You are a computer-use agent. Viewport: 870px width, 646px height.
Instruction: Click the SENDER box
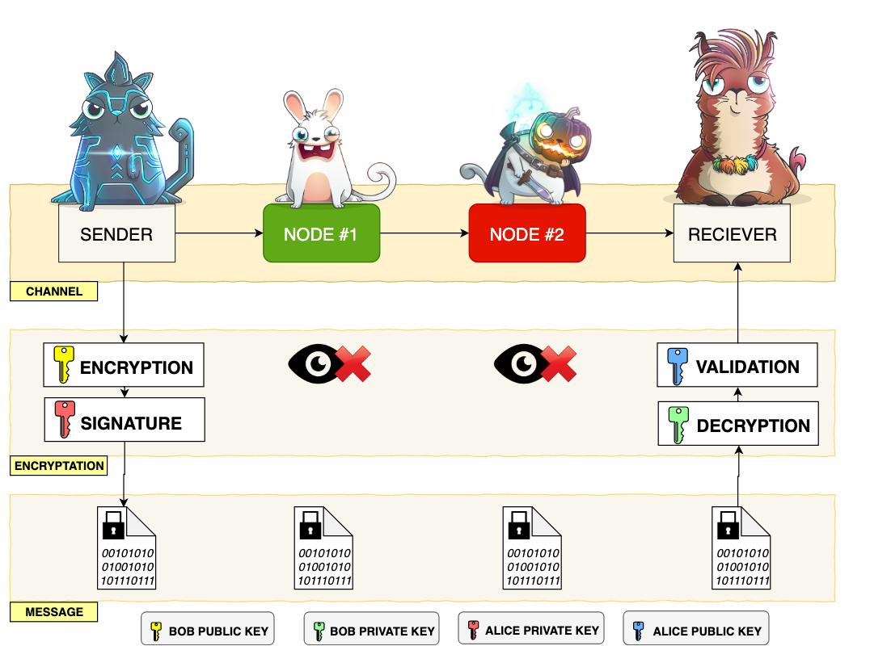click(x=116, y=233)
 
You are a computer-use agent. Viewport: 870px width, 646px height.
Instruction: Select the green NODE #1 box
click(x=321, y=233)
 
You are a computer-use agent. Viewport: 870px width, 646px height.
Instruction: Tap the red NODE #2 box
click(x=526, y=233)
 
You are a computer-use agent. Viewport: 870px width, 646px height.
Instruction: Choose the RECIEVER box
click(x=732, y=233)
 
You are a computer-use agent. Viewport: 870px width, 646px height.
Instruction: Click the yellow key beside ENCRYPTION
click(x=62, y=365)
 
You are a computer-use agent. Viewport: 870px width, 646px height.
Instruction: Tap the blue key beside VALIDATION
click(x=677, y=365)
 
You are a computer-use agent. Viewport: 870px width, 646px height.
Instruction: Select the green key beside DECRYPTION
click(x=677, y=424)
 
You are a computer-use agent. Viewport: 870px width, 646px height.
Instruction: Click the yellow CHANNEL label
click(x=54, y=292)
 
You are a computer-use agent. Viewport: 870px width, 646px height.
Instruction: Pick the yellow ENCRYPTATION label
click(x=59, y=466)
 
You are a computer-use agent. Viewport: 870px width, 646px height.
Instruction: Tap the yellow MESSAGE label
click(x=54, y=612)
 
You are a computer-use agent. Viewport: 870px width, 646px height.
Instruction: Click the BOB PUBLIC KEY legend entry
click(x=207, y=630)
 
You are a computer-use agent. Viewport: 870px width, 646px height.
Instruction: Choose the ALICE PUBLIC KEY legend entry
click(x=695, y=630)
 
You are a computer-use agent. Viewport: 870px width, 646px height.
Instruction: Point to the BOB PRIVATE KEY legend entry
click(x=372, y=630)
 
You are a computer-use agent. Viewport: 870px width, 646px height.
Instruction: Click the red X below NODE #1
click(x=353, y=365)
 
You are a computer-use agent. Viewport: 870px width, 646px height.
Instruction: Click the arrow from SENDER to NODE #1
click(x=219, y=233)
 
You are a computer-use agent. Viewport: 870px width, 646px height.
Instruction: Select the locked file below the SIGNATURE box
click(x=126, y=548)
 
